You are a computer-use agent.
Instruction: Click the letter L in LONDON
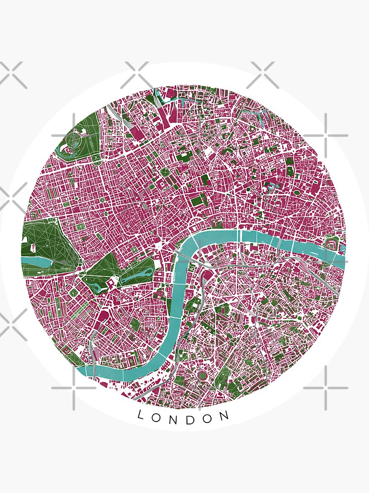[140, 415]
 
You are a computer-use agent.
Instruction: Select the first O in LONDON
[156, 417]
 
